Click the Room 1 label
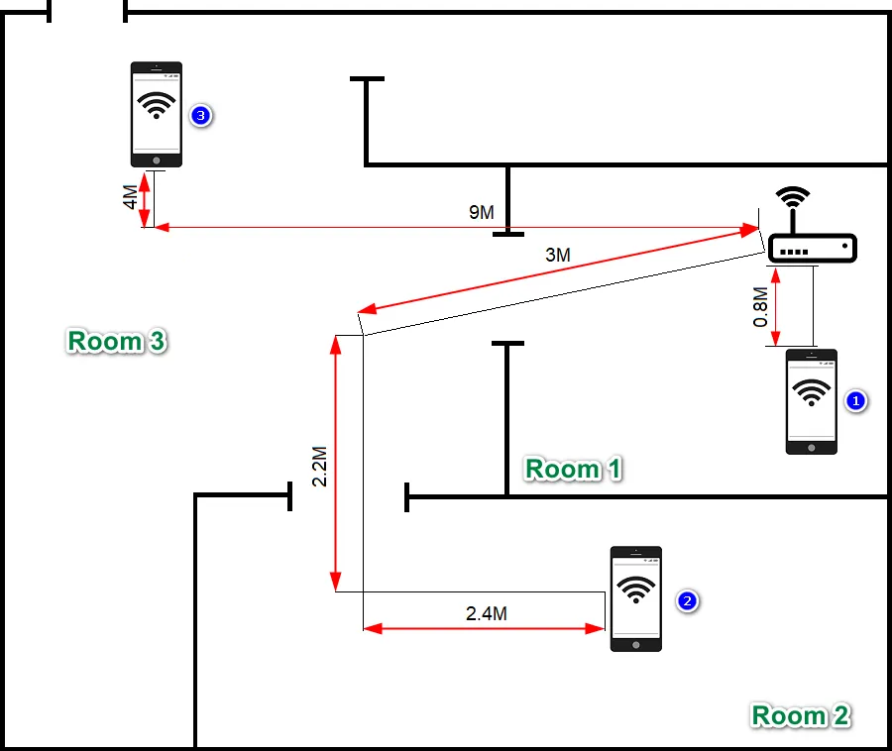573,468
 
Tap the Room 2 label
800,714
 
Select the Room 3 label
117,341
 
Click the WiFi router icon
812,247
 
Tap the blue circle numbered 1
854,400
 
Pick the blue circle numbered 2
687,600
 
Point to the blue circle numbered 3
200,116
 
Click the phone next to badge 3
157,114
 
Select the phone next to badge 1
811,401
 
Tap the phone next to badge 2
635,598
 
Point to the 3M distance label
558,255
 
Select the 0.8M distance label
760,308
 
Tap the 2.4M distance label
487,613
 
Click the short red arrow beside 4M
146,200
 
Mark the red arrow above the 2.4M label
484,627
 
